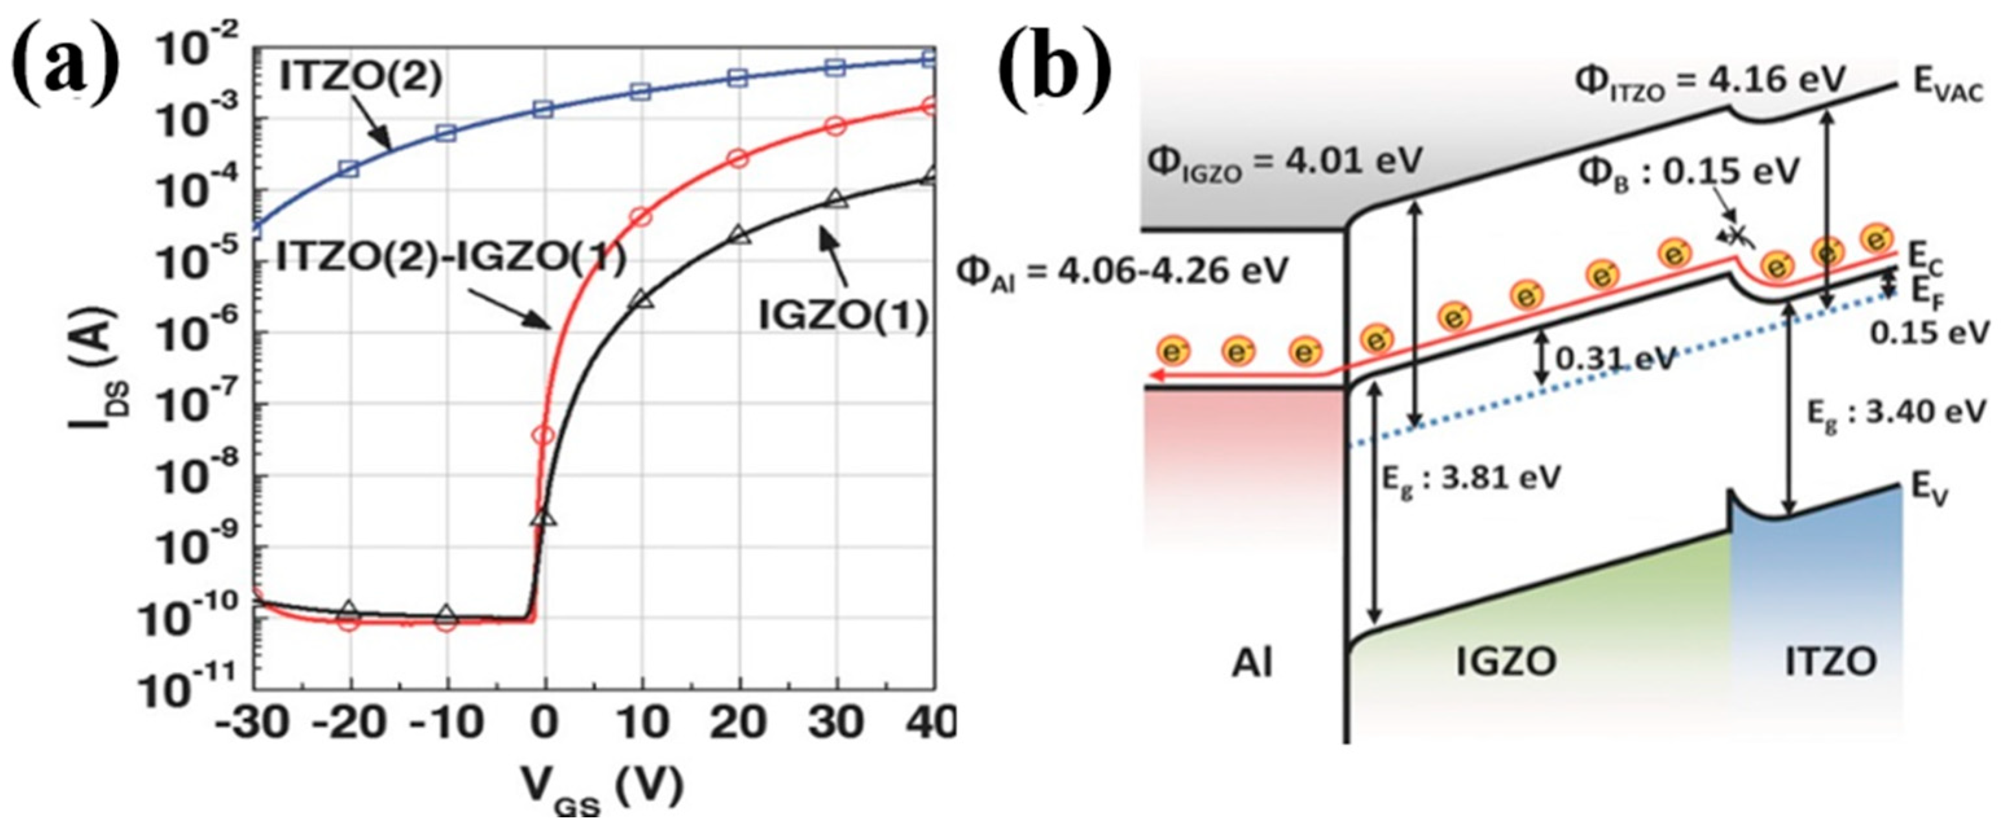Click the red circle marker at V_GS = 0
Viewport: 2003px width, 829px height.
[x=544, y=435]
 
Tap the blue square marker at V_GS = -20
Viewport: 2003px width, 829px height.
[x=349, y=170]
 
